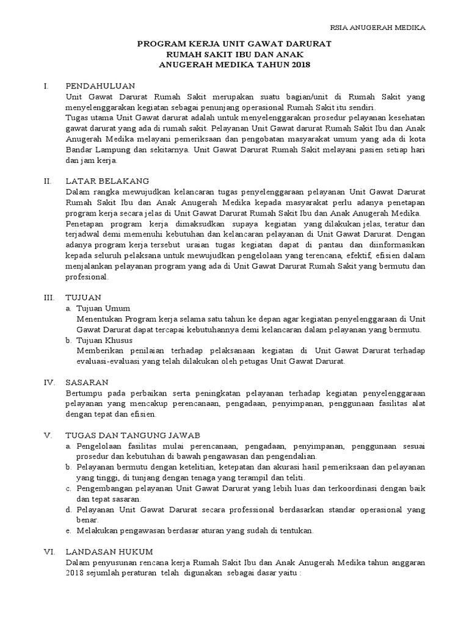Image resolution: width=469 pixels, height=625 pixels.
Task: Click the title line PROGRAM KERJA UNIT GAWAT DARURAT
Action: click(235, 44)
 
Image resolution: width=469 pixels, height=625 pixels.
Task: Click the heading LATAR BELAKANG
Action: click(107, 181)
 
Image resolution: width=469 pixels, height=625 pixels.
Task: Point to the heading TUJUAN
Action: click(82, 297)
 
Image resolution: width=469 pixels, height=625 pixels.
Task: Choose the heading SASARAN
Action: click(87, 381)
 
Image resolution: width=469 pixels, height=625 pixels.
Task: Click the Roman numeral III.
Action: click(49, 297)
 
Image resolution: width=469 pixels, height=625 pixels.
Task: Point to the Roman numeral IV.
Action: click(49, 381)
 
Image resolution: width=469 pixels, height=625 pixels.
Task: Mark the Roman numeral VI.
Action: click(49, 551)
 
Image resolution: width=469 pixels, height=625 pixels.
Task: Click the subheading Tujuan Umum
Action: click(103, 308)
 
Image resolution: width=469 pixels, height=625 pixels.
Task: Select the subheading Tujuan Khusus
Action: click(104, 340)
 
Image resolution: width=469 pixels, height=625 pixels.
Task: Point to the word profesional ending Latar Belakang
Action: click(87, 276)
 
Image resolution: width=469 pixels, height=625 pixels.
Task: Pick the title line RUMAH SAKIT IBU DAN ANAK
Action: click(235, 54)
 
